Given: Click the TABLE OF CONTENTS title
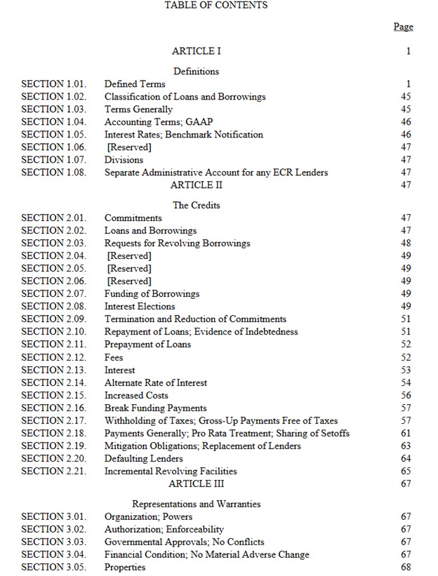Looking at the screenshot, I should [215, 6].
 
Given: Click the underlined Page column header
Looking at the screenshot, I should [403, 27].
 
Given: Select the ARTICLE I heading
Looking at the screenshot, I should [197, 51].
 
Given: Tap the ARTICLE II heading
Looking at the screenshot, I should [191, 185].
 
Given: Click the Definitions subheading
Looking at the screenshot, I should [196, 72].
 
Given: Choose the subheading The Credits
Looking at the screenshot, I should [196, 206].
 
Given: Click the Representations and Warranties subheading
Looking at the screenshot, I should [196, 504].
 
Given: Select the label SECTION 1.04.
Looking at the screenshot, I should [54, 122].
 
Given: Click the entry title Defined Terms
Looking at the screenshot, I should [135, 84].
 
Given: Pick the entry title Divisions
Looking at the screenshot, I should [124, 160].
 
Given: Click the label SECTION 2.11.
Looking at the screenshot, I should [54, 344].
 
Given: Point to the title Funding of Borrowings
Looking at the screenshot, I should [152, 294].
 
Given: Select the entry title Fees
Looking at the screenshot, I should [114, 357].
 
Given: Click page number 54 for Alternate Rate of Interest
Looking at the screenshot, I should [406, 383].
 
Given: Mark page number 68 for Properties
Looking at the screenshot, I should [406, 568].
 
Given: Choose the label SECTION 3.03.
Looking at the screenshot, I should [54, 542].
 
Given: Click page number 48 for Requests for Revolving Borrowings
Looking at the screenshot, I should [406, 243].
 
